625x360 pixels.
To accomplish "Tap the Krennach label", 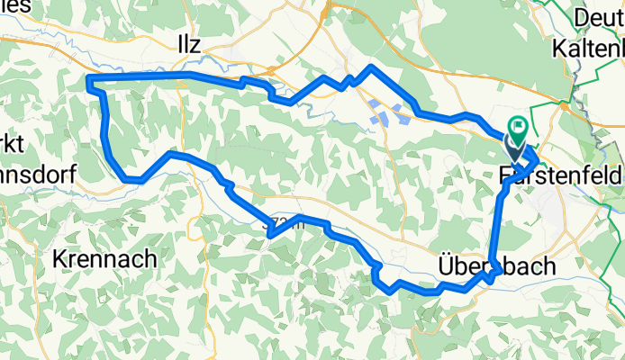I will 104,258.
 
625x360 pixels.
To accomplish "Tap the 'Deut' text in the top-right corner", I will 599,18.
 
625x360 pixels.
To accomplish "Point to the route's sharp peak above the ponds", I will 370,67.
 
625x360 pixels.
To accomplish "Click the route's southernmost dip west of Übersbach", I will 391,291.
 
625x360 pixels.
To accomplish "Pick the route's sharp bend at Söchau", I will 270,235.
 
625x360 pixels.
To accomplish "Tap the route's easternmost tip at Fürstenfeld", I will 538,160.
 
